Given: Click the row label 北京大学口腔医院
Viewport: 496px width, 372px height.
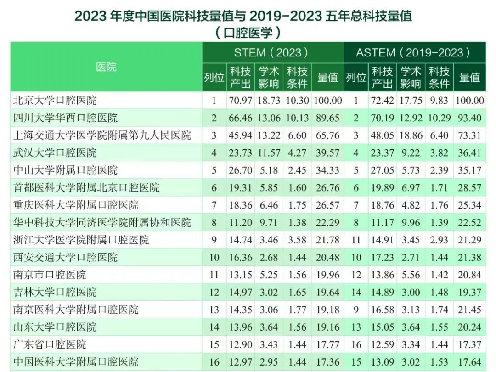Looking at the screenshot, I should pos(56,100).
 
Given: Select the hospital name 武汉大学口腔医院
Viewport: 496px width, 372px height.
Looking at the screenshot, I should pos(56,152).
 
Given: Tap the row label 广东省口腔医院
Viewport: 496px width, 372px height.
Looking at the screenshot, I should pos(50,344).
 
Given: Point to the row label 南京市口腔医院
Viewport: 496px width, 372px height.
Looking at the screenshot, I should pos(50,275).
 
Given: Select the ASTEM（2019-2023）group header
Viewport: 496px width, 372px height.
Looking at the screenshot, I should pos(413,52).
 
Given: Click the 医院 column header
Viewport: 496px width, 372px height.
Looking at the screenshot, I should pos(106,67).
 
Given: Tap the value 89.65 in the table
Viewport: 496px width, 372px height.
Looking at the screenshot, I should pos(328,118).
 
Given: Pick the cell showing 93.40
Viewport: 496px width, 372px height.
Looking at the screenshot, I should pos(469,118).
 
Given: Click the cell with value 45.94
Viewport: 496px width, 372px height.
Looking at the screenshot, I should pos(240,135).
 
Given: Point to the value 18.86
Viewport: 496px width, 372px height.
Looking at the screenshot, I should pos(411,135).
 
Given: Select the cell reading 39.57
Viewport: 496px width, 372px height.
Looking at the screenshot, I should pos(328,153).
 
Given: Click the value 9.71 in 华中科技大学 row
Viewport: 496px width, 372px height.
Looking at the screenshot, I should pos(269,223).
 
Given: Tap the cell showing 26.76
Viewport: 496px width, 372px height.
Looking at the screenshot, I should pos(328,188).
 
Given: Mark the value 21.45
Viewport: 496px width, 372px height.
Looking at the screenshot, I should pos(469,310).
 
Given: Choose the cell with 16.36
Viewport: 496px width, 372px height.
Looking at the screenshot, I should pos(240,258).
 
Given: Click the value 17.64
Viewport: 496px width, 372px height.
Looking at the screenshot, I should pos(469,362).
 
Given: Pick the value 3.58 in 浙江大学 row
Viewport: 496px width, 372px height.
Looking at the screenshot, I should pos(297,240).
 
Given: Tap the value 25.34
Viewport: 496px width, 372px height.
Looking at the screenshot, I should pos(469,205).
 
